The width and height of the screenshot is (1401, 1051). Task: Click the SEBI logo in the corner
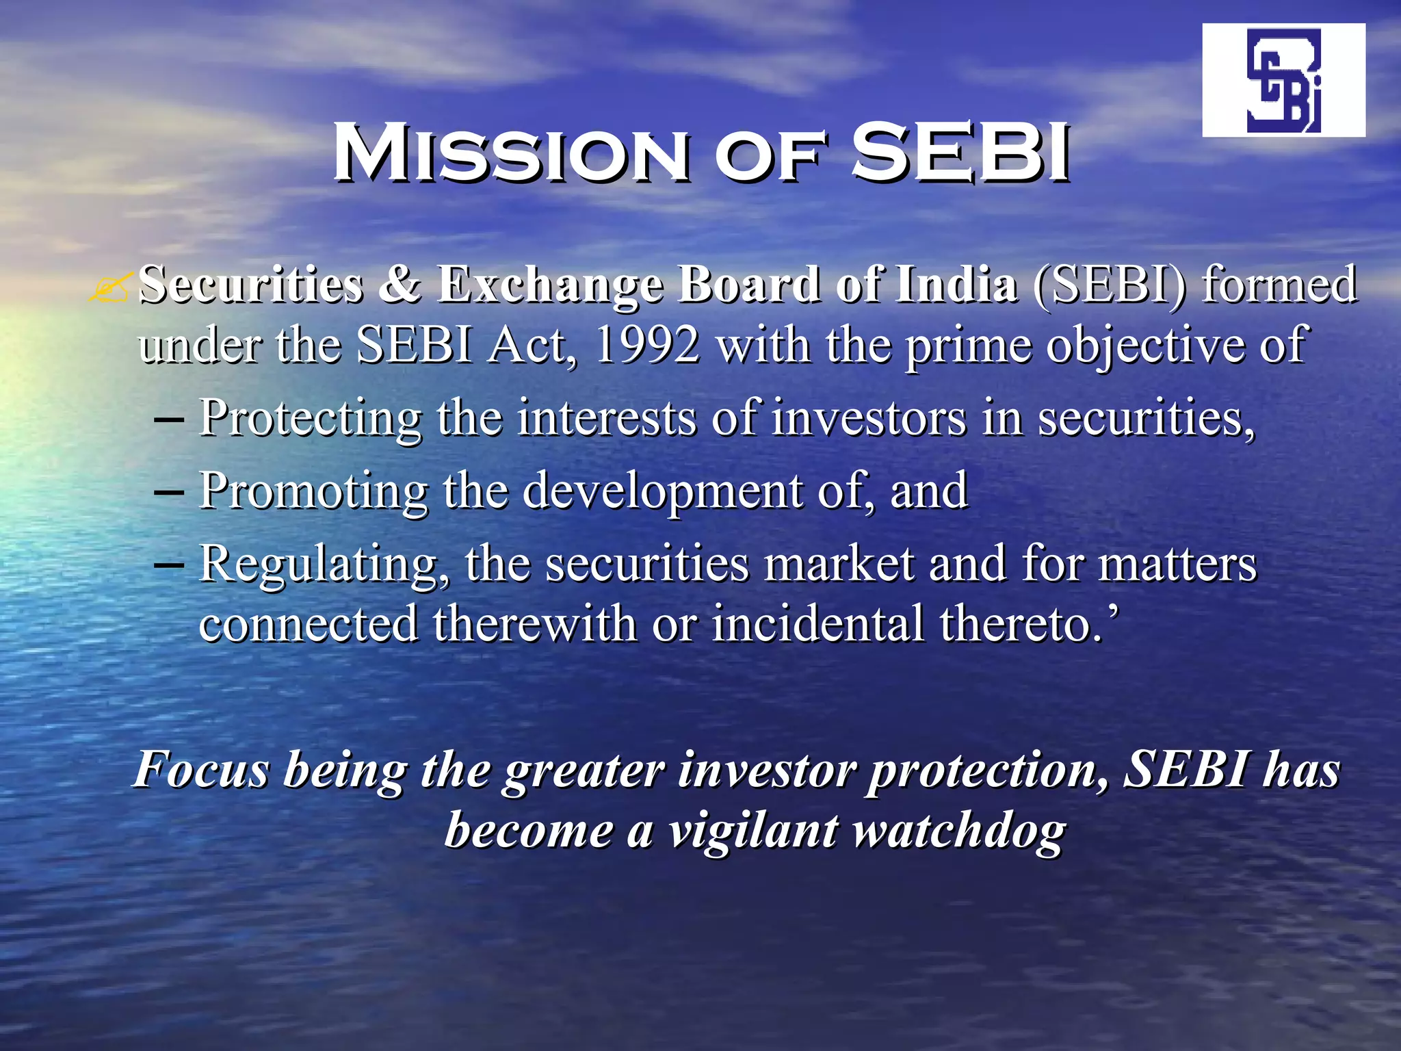pyautogui.click(x=1283, y=80)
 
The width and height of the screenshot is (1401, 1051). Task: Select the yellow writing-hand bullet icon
pyautogui.click(x=109, y=287)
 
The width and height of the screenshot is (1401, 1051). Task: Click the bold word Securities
pyautogui.click(x=250, y=284)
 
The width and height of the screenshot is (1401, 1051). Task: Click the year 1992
pyautogui.click(x=646, y=345)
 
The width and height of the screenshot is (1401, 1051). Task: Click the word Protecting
pyautogui.click(x=311, y=419)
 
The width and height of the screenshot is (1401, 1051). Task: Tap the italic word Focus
pyautogui.click(x=202, y=770)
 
